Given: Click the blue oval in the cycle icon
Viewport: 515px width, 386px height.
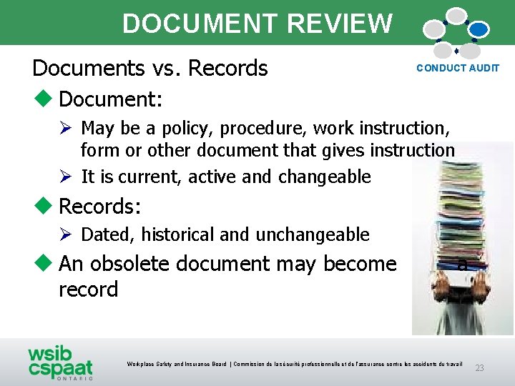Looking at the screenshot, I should (x=478, y=29).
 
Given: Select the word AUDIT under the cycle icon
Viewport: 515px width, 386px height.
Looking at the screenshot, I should (x=484, y=69).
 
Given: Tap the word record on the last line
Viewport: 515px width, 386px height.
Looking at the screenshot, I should (x=88, y=289).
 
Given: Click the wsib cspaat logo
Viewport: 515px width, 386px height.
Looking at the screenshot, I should (x=60, y=362).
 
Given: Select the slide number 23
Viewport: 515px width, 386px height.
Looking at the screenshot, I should (x=479, y=368).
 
